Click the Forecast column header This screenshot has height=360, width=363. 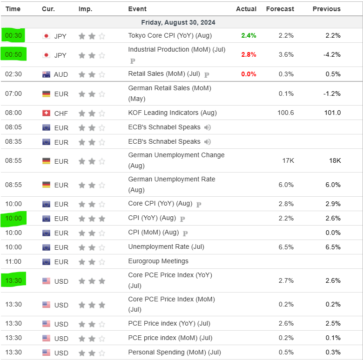click(x=280, y=9)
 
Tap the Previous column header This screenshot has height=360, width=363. click(x=326, y=9)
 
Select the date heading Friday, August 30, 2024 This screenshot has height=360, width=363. click(x=178, y=22)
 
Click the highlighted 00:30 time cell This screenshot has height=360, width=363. click(x=14, y=36)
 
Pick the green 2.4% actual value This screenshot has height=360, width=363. click(x=249, y=36)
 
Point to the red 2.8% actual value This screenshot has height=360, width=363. click(x=249, y=55)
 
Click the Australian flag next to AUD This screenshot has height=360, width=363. click(x=46, y=74)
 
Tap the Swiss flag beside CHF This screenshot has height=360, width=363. click(x=46, y=113)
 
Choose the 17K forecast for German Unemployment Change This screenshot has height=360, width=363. click(x=288, y=161)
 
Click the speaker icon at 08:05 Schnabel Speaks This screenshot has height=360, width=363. click(x=208, y=127)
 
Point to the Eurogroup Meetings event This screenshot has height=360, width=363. click(x=158, y=261)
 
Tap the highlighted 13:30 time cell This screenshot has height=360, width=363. click(x=14, y=280)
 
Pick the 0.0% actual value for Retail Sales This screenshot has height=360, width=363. click(x=249, y=74)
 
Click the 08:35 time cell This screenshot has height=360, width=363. click(x=13, y=142)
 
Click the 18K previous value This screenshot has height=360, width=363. click(x=335, y=161)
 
